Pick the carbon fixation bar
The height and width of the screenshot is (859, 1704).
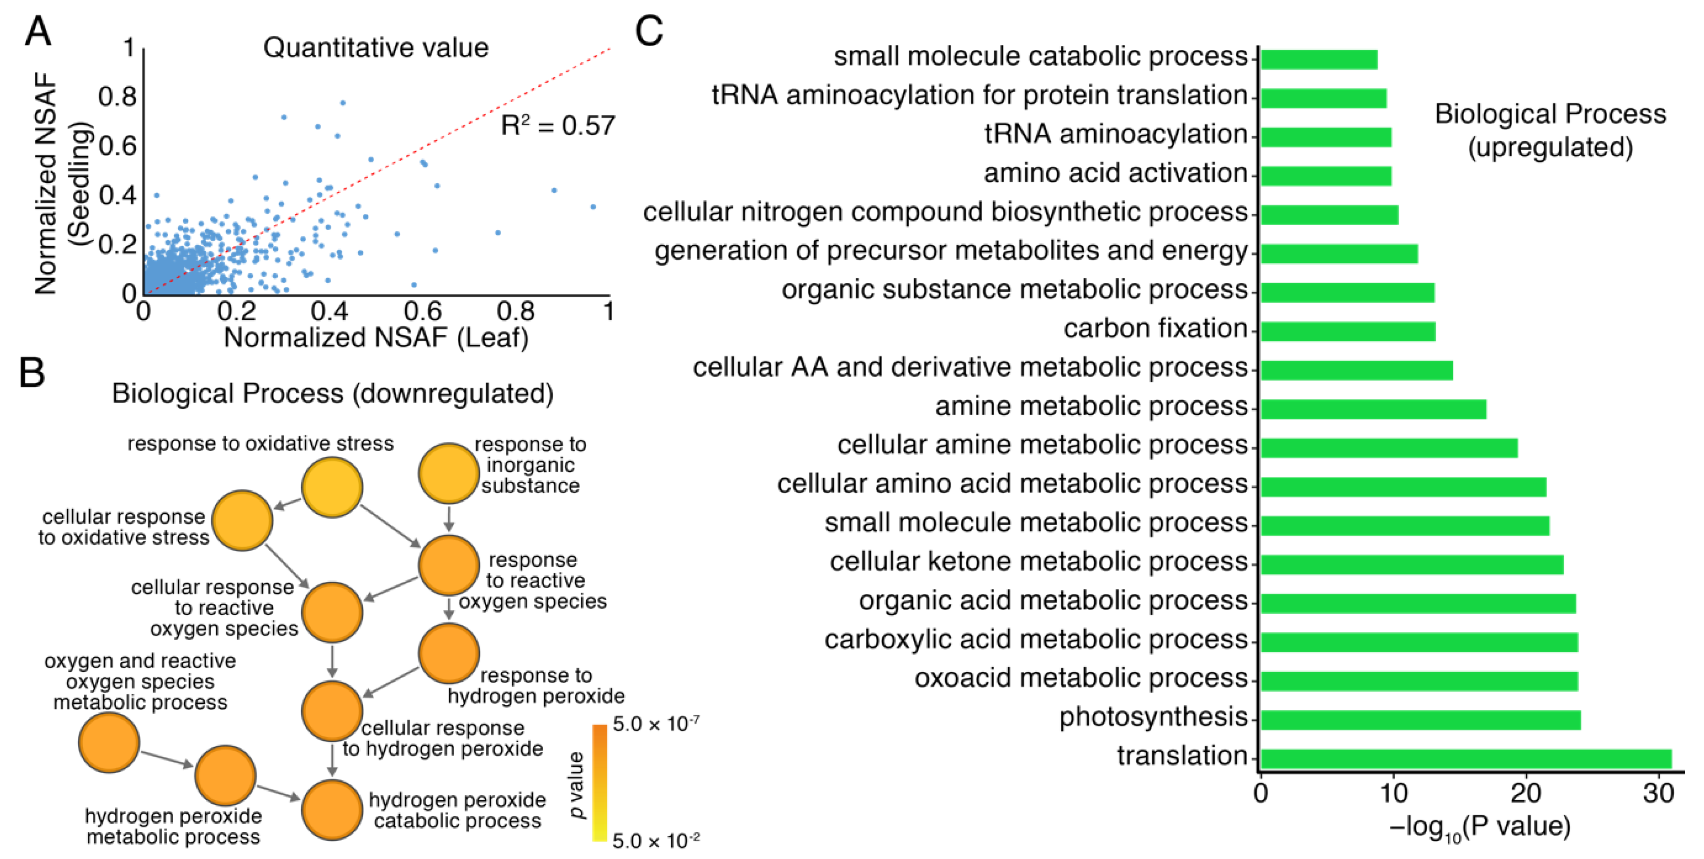click(x=1348, y=331)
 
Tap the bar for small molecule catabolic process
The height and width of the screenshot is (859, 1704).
click(x=1318, y=60)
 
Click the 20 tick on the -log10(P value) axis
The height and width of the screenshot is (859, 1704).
click(x=1526, y=792)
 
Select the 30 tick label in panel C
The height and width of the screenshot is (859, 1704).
click(x=1658, y=792)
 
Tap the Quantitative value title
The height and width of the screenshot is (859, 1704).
click(x=376, y=47)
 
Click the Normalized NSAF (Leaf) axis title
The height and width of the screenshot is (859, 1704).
click(x=376, y=338)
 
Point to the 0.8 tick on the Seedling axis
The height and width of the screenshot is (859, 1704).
click(x=117, y=97)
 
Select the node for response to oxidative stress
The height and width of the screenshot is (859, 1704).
click(x=332, y=487)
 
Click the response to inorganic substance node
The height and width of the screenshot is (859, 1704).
click(x=448, y=473)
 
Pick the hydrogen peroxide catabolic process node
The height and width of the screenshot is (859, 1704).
click(x=332, y=809)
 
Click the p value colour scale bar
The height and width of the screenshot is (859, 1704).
click(x=599, y=782)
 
